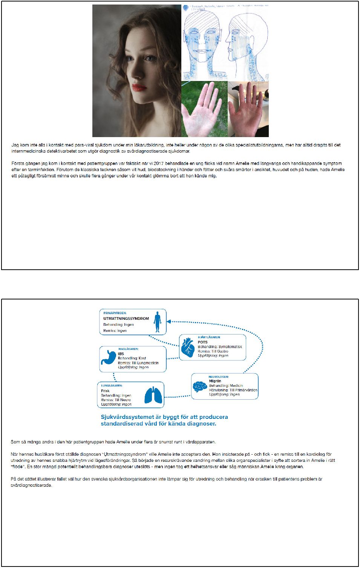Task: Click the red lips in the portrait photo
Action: click(x=139, y=87)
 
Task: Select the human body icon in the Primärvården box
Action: click(x=158, y=322)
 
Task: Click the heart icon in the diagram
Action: click(x=187, y=347)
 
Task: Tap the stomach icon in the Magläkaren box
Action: click(x=108, y=358)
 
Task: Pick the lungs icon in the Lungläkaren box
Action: click(x=154, y=395)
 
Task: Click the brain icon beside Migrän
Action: click(x=200, y=386)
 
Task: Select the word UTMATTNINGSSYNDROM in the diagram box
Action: click(x=126, y=319)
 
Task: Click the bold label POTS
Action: click(x=202, y=342)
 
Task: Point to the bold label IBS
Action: click(x=121, y=354)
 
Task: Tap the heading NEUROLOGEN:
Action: click(x=219, y=377)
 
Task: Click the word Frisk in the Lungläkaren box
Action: click(x=105, y=391)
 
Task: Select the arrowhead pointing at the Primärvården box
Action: click(x=169, y=322)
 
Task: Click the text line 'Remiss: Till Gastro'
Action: click(x=213, y=351)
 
